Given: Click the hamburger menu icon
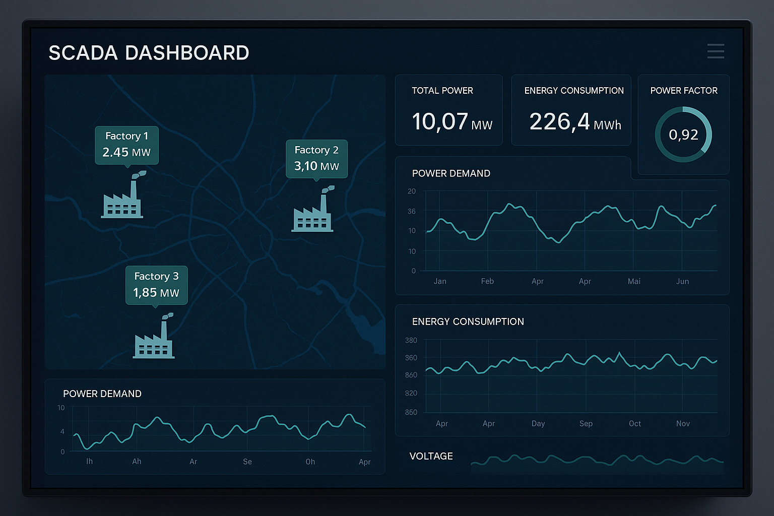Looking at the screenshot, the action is [716, 51].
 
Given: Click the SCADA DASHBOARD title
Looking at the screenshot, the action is [149, 53].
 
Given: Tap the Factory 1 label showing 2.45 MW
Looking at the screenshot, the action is [127, 145].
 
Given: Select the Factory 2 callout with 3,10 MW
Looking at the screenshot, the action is [316, 159].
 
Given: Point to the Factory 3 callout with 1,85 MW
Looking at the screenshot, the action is [157, 285].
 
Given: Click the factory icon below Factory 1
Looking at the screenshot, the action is [122, 195].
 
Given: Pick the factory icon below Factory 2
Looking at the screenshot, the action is [313, 209].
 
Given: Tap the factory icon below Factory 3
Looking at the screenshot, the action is [154, 336].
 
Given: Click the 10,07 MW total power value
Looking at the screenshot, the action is [452, 121].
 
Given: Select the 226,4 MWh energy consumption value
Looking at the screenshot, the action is [575, 122].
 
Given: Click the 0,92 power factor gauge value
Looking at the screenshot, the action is [683, 135].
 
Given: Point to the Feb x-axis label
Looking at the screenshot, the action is [487, 281].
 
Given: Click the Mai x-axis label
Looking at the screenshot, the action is [634, 281].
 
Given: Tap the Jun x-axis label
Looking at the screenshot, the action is [682, 281].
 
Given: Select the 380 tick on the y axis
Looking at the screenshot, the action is [411, 341].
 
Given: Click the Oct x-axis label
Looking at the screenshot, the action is [635, 423].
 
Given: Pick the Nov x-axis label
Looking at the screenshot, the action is [683, 423].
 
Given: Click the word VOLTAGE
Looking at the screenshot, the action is [431, 456].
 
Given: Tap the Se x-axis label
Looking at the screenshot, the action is [247, 462].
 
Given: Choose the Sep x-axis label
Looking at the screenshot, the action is [586, 423].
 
